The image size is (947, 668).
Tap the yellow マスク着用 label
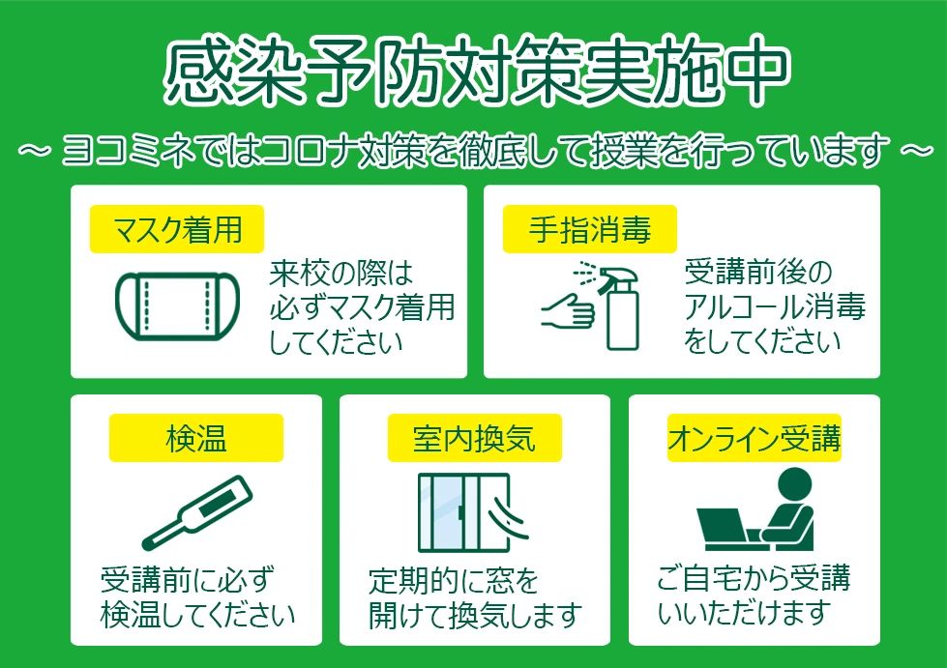177,231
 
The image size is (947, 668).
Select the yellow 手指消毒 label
589,231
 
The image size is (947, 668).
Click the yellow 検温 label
195,440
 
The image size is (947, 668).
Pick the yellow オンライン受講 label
755,440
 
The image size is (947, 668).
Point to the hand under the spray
569,311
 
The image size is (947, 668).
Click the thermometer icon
197,512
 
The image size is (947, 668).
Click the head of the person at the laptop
793,484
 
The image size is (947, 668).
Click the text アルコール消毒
774,307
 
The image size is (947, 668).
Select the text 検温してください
197,615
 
